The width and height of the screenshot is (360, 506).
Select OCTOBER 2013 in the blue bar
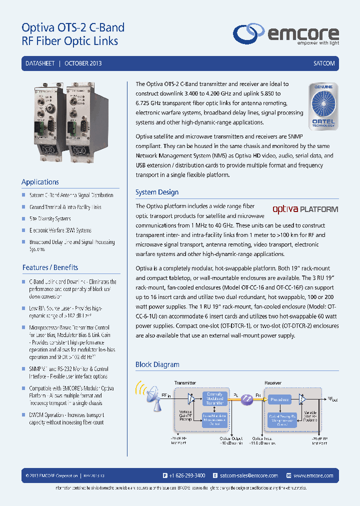[83, 64]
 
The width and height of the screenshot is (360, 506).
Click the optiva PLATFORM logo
[305, 209]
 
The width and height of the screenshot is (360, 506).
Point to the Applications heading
[40, 182]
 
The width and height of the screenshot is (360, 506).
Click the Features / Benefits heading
[50, 267]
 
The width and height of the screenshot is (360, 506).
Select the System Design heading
[157, 192]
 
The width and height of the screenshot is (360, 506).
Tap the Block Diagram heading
[157, 364]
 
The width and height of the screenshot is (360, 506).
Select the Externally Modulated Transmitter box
[215, 398]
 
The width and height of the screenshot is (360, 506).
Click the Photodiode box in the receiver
[279, 399]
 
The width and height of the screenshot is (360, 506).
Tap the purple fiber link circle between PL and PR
[246, 399]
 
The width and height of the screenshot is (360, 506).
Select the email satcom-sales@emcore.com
[248, 475]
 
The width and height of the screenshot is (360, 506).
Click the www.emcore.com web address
[313, 475]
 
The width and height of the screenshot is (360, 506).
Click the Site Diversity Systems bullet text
[50, 218]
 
